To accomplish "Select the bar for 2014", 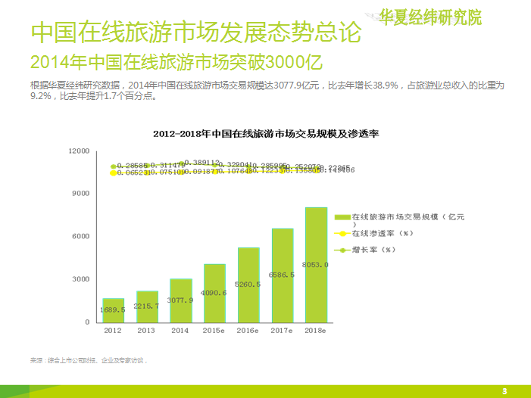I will pos(181,300).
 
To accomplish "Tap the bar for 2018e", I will pos(316,265).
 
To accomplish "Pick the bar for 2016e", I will pos(248,285).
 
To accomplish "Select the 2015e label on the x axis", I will pos(214,331).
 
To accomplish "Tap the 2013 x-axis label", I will pos(147,331).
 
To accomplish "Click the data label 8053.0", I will pos(315,265).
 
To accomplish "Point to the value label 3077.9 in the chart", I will pos(180,300).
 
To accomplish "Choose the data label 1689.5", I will pos(114,310).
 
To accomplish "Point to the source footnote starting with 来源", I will pos(88,360).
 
